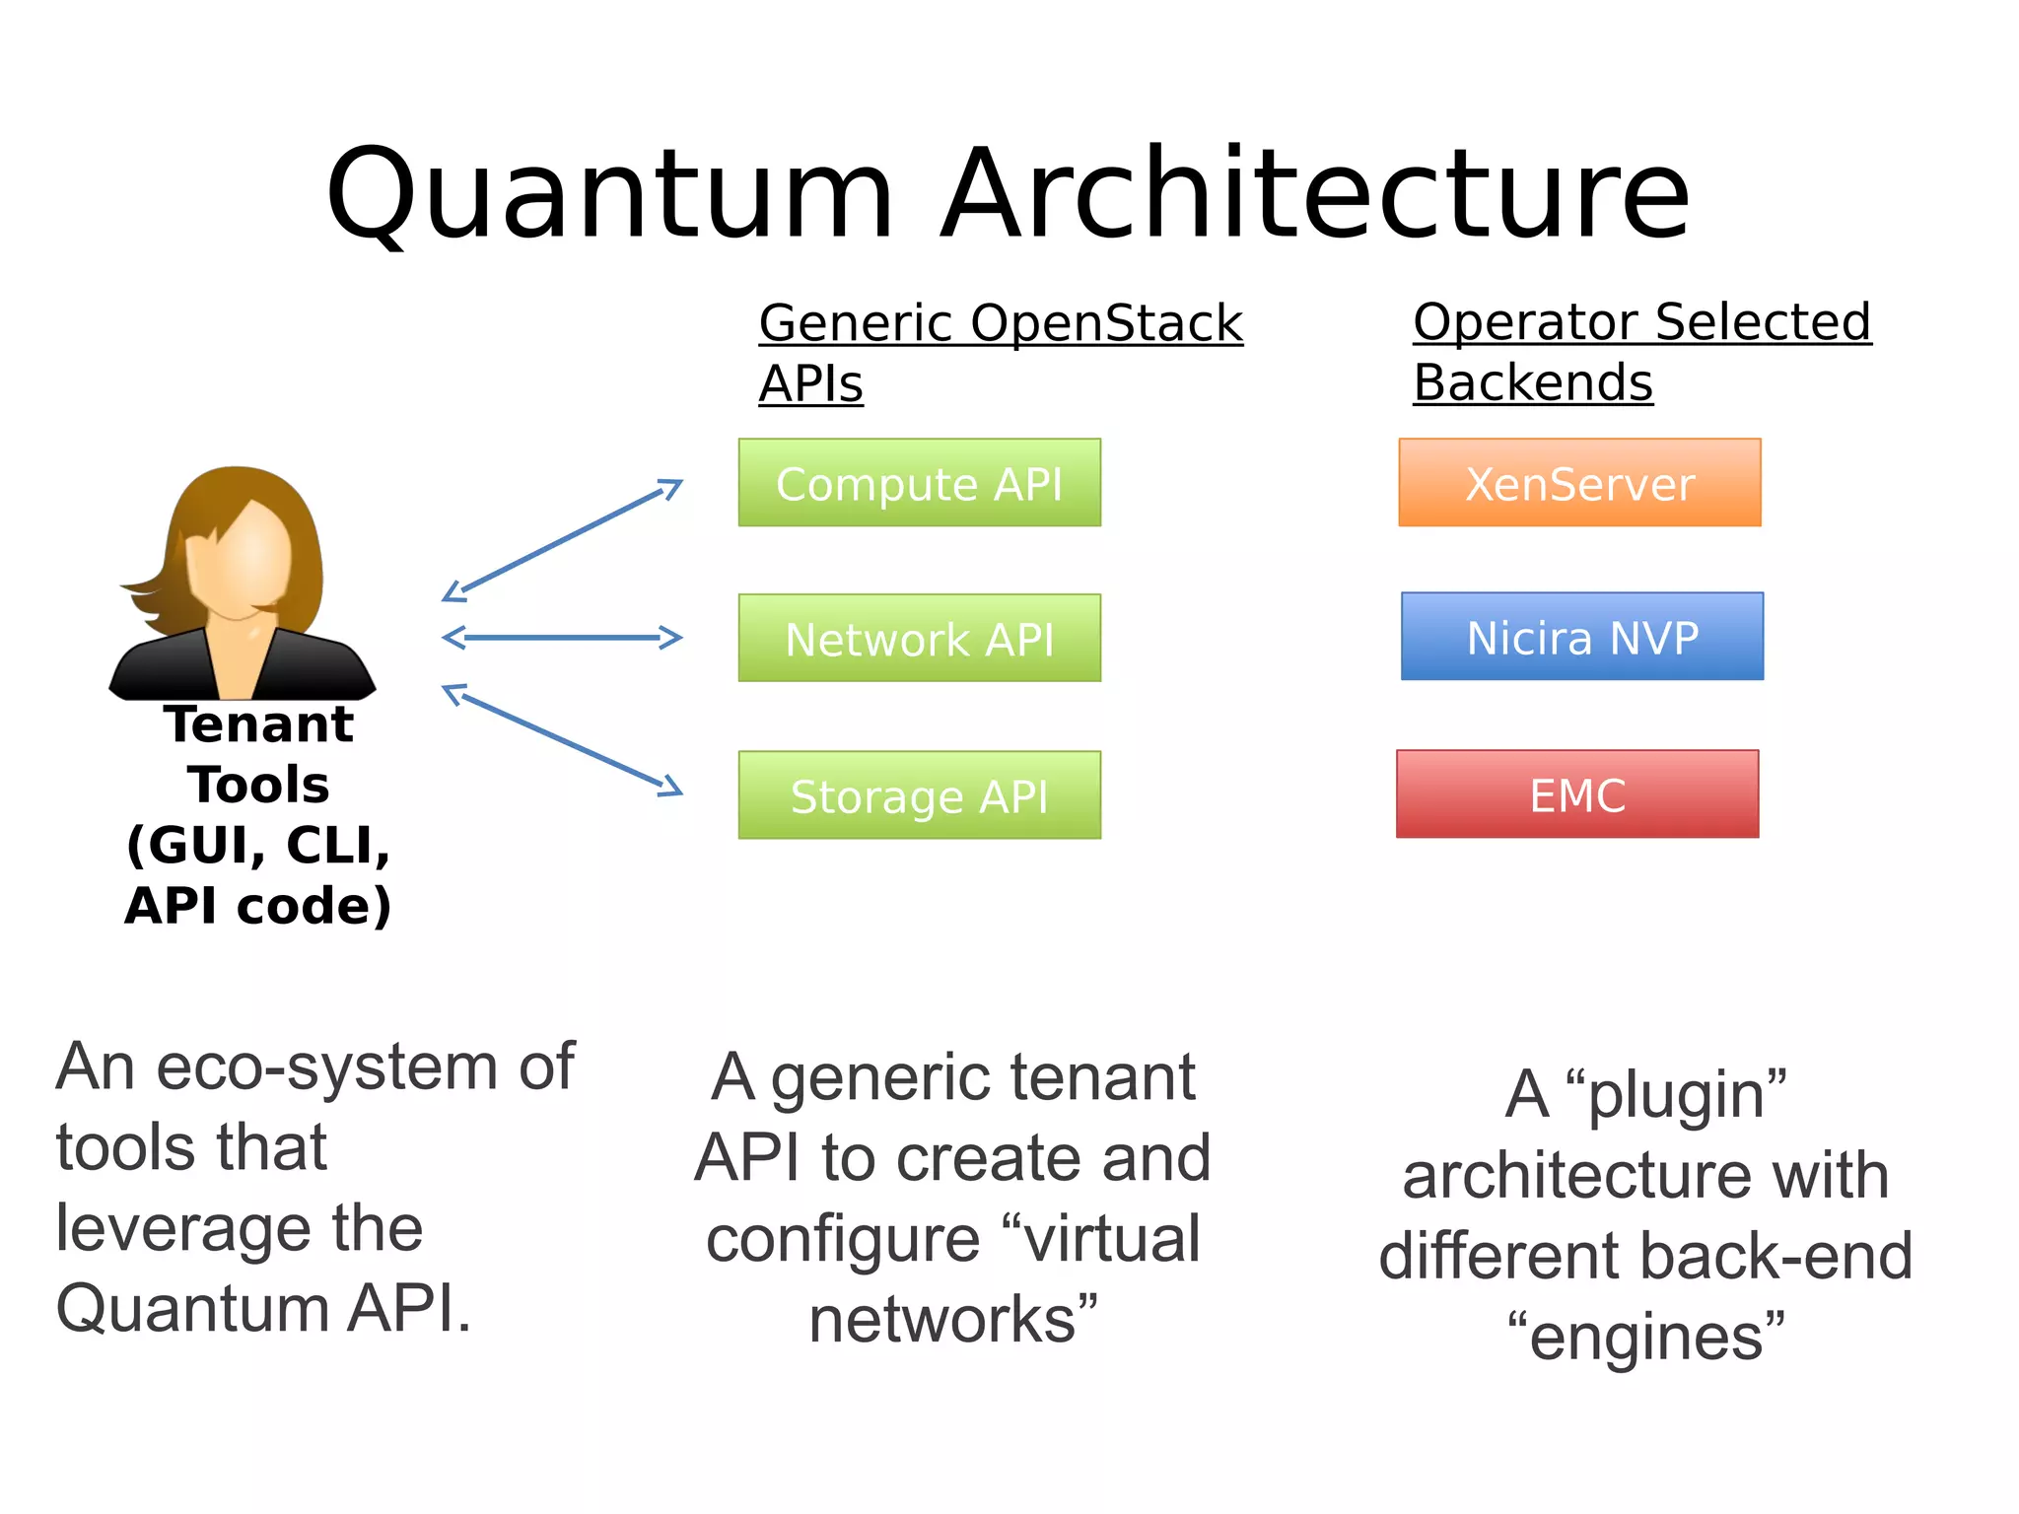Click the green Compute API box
point(919,483)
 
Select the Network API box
point(919,638)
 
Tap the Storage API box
point(919,795)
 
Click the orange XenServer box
point(1579,483)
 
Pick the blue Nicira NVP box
point(1582,637)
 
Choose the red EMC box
point(1577,794)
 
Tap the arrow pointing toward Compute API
point(563,539)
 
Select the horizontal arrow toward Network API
point(562,638)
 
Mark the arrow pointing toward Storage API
point(563,739)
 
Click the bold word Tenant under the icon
point(258,724)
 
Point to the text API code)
point(258,906)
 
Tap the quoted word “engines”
point(1645,1338)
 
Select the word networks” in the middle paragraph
point(952,1320)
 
